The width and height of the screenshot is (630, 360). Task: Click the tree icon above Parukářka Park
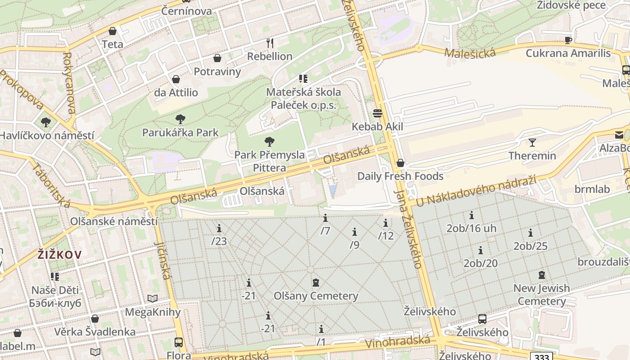pyautogui.click(x=180, y=119)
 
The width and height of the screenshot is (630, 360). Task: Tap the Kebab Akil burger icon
pyautogui.click(x=377, y=113)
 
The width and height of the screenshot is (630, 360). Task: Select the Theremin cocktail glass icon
pyautogui.click(x=532, y=143)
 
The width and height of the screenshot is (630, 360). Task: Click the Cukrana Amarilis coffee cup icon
pyautogui.click(x=568, y=40)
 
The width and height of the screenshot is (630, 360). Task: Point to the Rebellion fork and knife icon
pyautogui.click(x=270, y=43)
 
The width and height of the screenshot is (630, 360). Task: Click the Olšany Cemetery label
pyautogui.click(x=316, y=296)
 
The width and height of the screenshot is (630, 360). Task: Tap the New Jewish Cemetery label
pyautogui.click(x=541, y=294)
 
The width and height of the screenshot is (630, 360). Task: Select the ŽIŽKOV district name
pyautogui.click(x=60, y=255)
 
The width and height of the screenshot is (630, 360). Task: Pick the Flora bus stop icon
pyautogui.click(x=179, y=342)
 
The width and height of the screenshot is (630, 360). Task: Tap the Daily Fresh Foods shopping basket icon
pyautogui.click(x=400, y=163)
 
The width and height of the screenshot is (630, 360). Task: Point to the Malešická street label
pyautogui.click(x=470, y=53)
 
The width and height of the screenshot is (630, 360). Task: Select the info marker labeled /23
pyautogui.click(x=219, y=228)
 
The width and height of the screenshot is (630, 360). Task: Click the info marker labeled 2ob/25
pyautogui.click(x=531, y=233)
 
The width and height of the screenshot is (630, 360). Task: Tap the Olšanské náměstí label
pyautogui.click(x=114, y=221)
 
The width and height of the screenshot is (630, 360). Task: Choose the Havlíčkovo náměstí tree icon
pyautogui.click(x=45, y=122)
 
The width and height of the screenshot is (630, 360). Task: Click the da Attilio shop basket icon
pyautogui.click(x=176, y=80)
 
